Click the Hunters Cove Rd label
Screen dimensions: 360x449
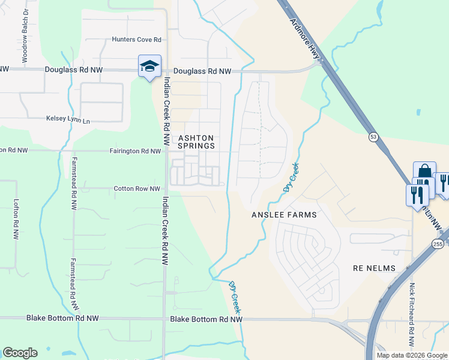coord(137,40)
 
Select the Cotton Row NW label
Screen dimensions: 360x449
coord(137,189)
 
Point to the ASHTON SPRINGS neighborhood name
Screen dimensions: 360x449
coord(196,142)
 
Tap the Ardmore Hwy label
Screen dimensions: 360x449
coord(306,38)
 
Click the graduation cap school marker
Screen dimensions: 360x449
coord(149,66)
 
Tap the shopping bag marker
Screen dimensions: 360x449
coord(424,172)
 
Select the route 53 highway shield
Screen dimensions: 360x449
coord(373,138)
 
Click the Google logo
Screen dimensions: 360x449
coord(20,353)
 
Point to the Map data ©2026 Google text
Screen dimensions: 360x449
coord(412,355)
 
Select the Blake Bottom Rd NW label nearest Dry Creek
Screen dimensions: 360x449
coord(206,320)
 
